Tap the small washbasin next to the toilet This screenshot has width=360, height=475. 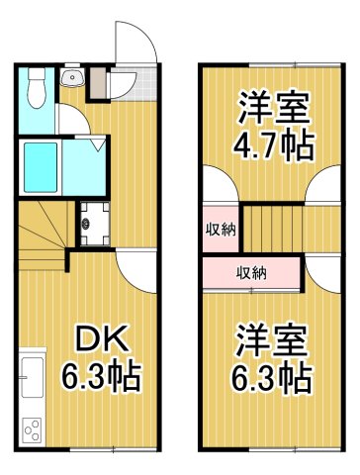tap(70, 80)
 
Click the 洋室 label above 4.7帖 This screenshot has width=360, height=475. tap(273, 106)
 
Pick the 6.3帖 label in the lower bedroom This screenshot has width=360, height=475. tap(274, 377)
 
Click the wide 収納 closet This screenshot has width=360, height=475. tap(249, 272)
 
